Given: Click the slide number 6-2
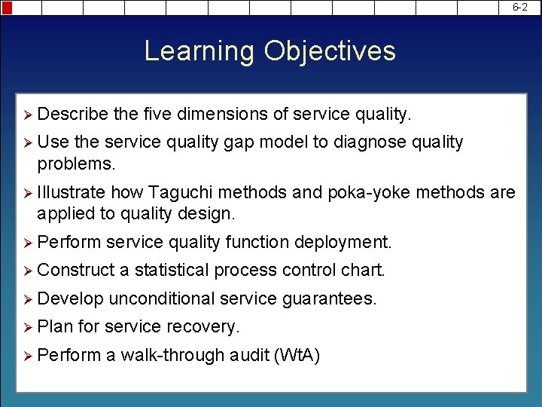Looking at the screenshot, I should [x=520, y=7].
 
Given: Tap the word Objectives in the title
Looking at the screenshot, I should [x=329, y=51].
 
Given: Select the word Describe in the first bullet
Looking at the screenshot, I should [x=72, y=114].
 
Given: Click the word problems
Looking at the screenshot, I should [x=76, y=164].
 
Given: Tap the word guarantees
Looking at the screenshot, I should [x=328, y=298].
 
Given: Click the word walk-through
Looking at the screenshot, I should [x=172, y=355].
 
